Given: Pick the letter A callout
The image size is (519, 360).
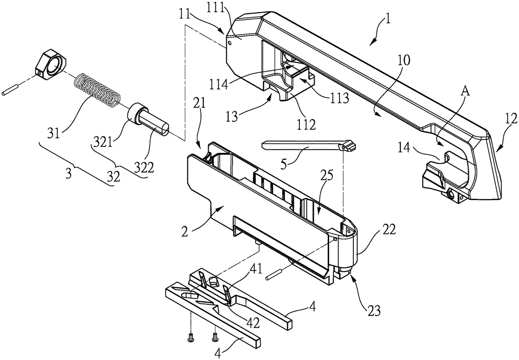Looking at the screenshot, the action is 465,92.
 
